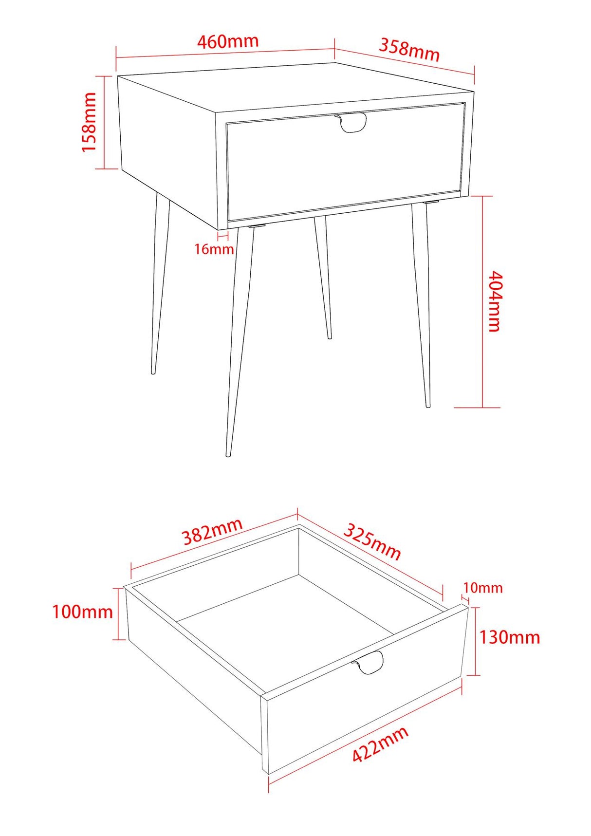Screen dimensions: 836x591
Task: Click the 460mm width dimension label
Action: (227, 42)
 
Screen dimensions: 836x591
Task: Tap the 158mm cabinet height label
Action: (89, 122)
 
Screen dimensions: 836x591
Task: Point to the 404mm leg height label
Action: (494, 301)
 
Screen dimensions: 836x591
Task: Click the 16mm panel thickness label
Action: (214, 249)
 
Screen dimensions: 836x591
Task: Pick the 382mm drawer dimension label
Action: (212, 532)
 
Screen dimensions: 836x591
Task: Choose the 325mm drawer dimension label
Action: (372, 541)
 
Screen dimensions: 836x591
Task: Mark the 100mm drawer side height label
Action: (82, 612)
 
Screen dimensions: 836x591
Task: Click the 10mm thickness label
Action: (482, 588)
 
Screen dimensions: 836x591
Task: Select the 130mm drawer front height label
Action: (509, 637)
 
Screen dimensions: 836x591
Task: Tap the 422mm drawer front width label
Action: (380, 744)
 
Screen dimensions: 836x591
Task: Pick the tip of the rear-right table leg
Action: (330, 337)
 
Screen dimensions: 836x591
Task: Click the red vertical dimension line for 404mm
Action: (482, 302)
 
